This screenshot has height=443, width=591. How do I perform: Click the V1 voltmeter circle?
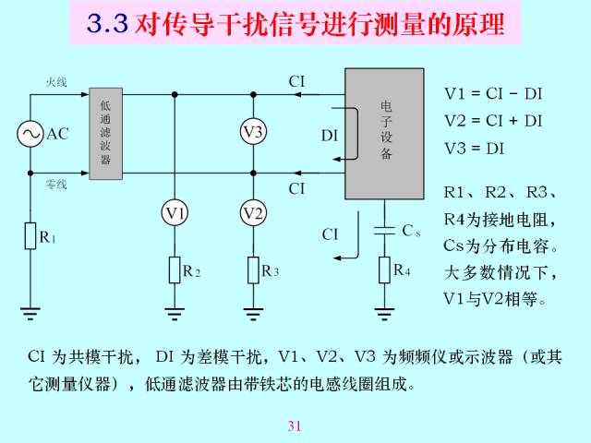click(x=175, y=213)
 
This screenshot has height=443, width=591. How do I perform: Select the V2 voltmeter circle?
click(x=253, y=213)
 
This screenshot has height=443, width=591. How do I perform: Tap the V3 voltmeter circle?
click(x=253, y=132)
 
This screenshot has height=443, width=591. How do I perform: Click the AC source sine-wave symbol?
click(x=30, y=133)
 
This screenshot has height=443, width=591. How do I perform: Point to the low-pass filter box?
click(x=105, y=134)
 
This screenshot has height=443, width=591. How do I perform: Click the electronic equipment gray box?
click(x=384, y=134)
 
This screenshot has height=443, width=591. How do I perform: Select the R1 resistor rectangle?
click(x=30, y=236)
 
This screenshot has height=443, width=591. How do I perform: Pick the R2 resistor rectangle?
click(x=175, y=270)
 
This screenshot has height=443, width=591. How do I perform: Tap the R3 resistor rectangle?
click(x=253, y=270)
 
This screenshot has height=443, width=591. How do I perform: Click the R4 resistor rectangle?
click(x=384, y=269)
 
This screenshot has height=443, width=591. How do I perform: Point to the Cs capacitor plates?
click(x=384, y=231)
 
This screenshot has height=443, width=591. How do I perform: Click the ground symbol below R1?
click(x=30, y=314)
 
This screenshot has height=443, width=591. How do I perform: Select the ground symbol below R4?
click(x=384, y=314)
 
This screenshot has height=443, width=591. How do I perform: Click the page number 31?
click(x=295, y=426)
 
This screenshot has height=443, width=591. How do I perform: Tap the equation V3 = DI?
click(x=474, y=149)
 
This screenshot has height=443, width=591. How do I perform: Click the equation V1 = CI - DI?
click(x=493, y=94)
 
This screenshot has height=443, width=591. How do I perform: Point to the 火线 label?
click(x=56, y=82)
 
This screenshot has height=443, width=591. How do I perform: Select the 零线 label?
click(x=56, y=185)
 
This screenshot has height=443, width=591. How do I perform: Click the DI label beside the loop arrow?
click(x=330, y=136)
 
